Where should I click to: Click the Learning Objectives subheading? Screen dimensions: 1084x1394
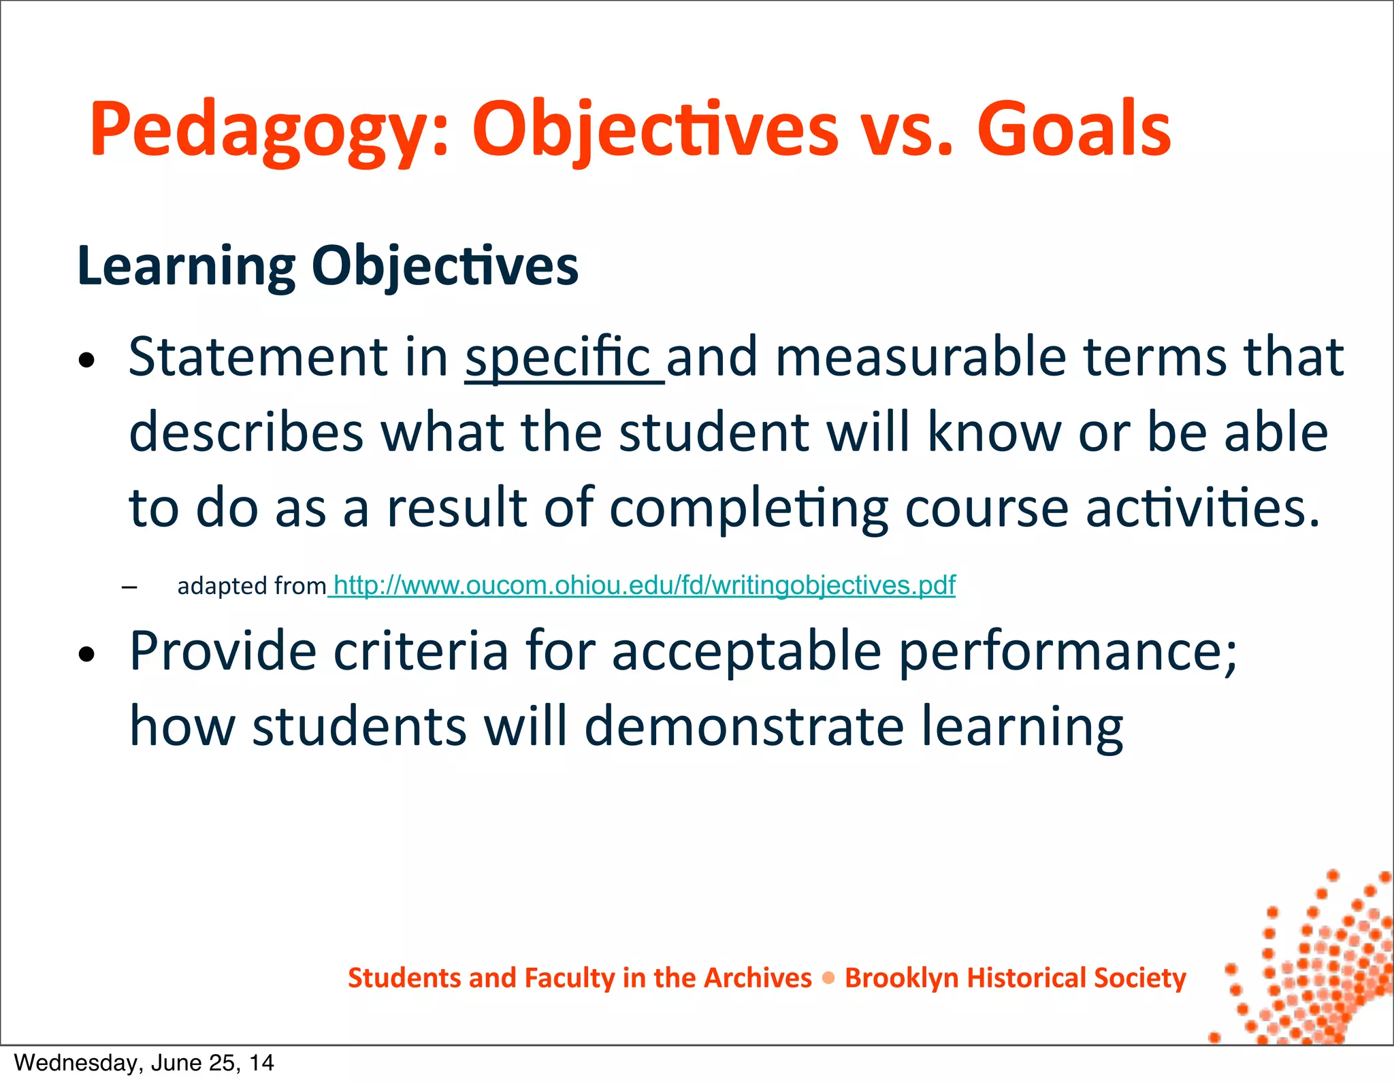327,265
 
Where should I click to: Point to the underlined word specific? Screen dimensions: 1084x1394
558,357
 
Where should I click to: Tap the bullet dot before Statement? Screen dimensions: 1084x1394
86,361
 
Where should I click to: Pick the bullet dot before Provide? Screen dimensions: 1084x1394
86,655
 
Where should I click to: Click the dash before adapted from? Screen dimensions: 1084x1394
129,587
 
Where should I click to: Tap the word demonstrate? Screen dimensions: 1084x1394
744,726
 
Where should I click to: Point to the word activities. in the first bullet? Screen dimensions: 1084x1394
1203,508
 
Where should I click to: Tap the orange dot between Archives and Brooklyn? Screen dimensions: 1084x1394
828,979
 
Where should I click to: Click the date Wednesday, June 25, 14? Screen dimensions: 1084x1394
144,1063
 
